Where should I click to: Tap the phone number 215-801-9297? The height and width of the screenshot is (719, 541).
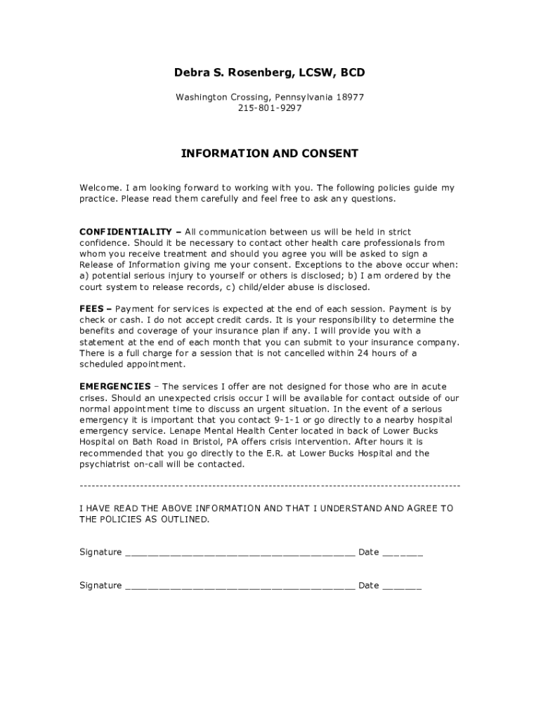pos(270,108)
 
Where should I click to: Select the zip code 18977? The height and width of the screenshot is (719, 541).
pos(349,97)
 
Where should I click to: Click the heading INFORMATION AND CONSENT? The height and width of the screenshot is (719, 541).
pos(270,153)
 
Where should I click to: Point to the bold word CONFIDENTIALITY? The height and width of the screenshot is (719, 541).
pos(125,232)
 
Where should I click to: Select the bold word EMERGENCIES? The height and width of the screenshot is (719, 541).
pos(115,386)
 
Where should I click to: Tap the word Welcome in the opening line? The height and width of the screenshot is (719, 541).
pos(100,187)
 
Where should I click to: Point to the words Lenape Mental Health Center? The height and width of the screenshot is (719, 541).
pos(209,431)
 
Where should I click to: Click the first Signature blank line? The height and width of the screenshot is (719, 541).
pos(240,553)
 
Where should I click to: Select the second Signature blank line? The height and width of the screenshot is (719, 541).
pos(240,586)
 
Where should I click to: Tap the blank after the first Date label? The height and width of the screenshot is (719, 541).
pos(403,553)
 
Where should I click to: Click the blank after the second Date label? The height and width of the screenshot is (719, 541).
pos(403,586)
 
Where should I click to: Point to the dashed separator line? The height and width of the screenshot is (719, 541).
pos(270,486)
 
